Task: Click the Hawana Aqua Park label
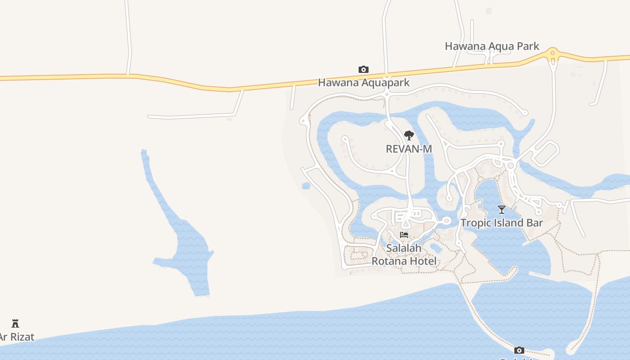click(x=492, y=46)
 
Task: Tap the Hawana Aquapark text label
click(x=364, y=82)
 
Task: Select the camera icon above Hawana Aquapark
click(x=364, y=69)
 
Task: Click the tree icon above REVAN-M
click(x=409, y=135)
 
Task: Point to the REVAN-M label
click(x=409, y=148)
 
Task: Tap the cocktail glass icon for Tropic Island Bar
click(x=501, y=209)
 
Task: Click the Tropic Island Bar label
click(x=501, y=223)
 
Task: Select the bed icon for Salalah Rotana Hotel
click(x=404, y=235)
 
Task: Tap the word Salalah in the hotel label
click(x=404, y=248)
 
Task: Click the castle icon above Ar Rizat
click(x=15, y=323)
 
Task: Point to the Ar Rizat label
click(x=17, y=337)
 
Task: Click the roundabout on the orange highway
click(x=553, y=54)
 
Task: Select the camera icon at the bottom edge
click(x=519, y=350)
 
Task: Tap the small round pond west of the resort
click(x=306, y=186)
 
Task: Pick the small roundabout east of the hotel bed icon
click(x=446, y=220)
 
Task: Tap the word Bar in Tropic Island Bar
click(x=535, y=223)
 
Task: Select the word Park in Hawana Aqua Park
click(x=526, y=46)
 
